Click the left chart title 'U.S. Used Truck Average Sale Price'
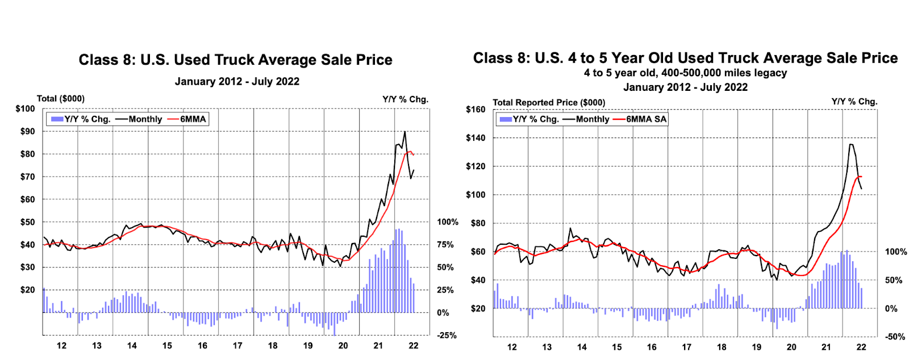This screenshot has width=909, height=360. click(235, 60)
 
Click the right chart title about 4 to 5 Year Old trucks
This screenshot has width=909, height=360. click(685, 58)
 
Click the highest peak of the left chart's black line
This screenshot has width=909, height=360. click(405, 132)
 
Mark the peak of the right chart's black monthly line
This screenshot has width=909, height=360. click(850, 144)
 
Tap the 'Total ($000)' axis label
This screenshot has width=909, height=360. click(61, 99)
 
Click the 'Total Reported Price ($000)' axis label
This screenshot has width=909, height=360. click(549, 103)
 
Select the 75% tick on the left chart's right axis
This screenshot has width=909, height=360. click(445, 245)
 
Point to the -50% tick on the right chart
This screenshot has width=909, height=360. click(895, 337)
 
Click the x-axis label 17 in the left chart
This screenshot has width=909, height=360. click(237, 345)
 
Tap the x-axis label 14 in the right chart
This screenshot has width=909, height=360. click(582, 347)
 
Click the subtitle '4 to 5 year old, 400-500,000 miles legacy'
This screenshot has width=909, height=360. click(685, 73)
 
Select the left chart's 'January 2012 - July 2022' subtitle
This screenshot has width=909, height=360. click(237, 82)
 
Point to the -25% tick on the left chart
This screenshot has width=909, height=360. click(446, 336)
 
